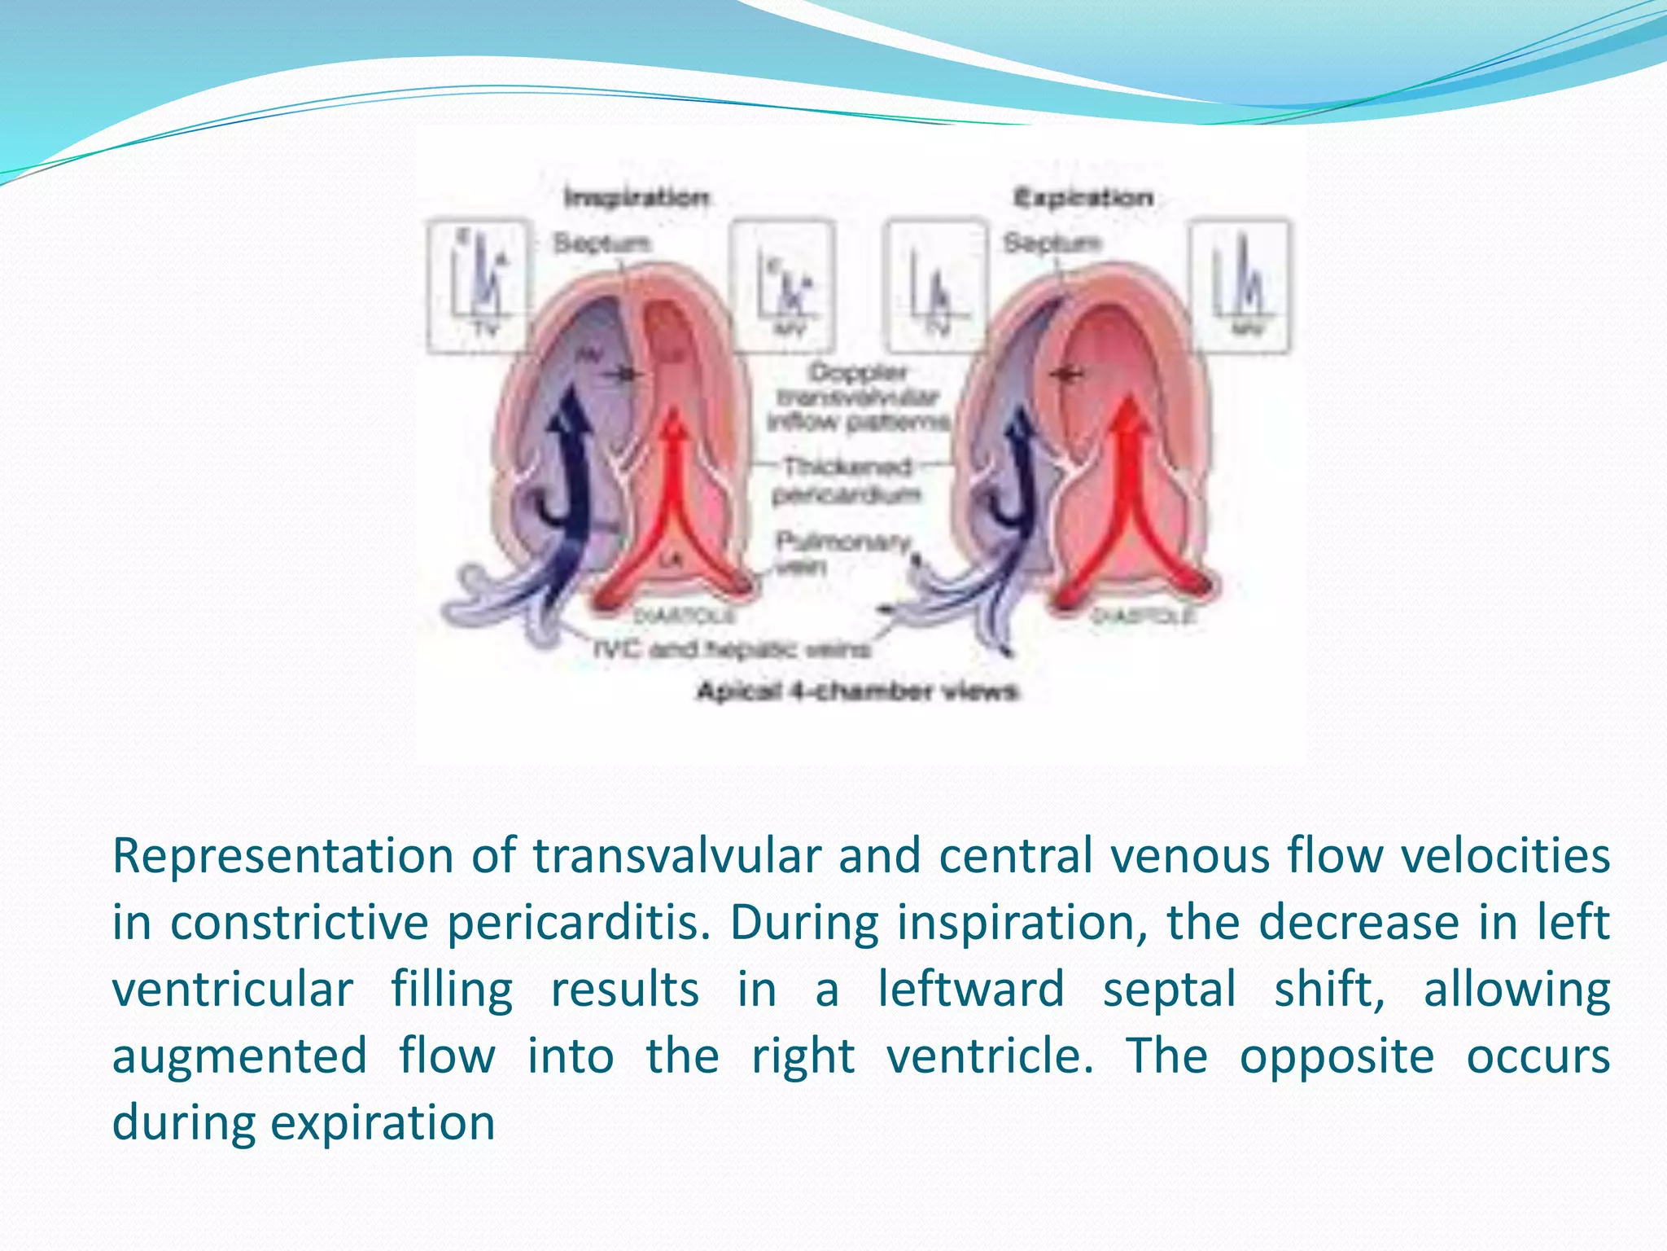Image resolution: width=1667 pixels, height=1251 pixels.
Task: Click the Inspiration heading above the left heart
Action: [637, 198]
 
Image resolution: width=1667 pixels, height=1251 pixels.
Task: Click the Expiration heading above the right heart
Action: [1083, 198]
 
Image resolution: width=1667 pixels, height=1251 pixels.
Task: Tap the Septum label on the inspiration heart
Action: [602, 243]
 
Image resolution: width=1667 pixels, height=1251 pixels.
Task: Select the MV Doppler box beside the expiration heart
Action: [1240, 285]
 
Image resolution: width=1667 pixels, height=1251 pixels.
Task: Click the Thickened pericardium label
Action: [847, 481]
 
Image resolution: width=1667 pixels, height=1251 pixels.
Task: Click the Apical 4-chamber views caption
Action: [856, 691]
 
